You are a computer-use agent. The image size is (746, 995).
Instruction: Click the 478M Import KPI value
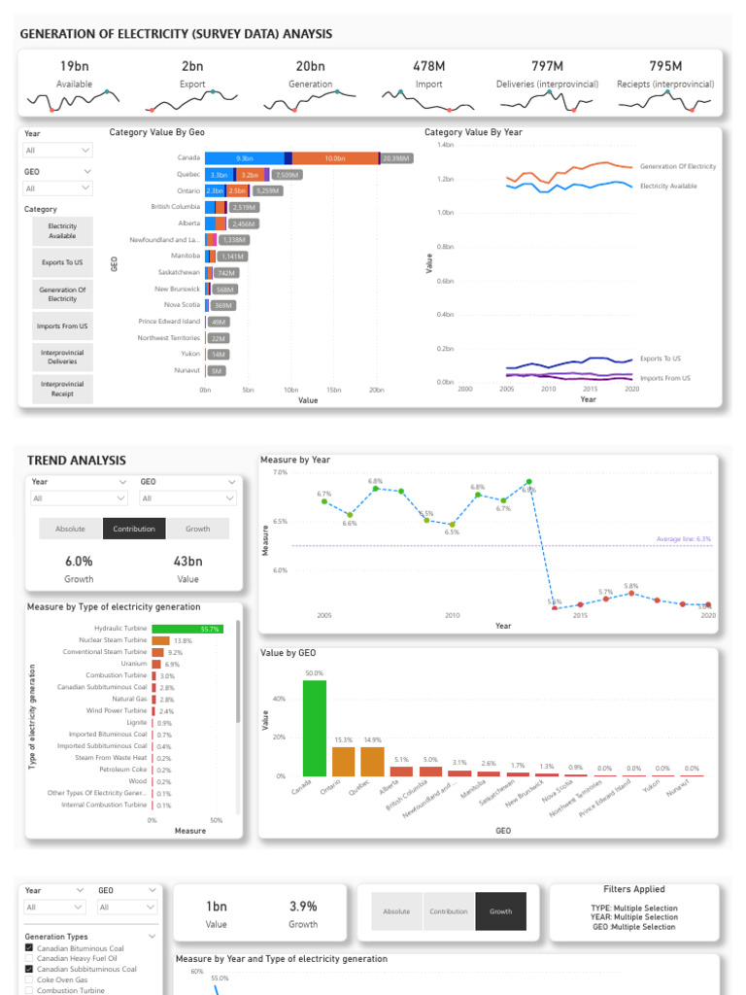[427, 66]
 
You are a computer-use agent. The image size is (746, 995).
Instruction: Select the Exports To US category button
[62, 262]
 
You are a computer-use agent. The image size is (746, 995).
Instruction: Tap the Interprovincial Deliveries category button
[62, 357]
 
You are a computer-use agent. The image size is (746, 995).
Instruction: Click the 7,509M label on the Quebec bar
[287, 175]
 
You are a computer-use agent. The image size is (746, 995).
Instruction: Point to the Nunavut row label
[188, 370]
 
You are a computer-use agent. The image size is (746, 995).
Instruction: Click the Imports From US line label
[665, 378]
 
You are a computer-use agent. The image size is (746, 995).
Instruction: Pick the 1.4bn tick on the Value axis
[445, 145]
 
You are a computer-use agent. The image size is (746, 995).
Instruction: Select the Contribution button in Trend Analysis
[135, 529]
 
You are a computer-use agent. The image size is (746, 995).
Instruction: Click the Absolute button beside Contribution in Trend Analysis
[70, 529]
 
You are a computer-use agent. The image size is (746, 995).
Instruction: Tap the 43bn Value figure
[187, 562]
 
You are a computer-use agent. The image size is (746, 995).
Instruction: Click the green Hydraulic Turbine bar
[186, 629]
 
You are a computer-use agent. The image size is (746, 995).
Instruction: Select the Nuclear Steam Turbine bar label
[115, 640]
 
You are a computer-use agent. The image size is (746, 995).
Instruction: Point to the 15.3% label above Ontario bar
[344, 739]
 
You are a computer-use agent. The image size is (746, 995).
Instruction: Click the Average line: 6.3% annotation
[683, 538]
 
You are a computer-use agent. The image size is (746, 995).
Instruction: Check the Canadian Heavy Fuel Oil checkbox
[29, 958]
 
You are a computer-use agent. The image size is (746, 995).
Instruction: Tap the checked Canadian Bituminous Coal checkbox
[29, 948]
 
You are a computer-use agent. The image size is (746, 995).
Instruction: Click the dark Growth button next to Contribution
[500, 911]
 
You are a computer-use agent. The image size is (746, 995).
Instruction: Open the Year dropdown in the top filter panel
[58, 151]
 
